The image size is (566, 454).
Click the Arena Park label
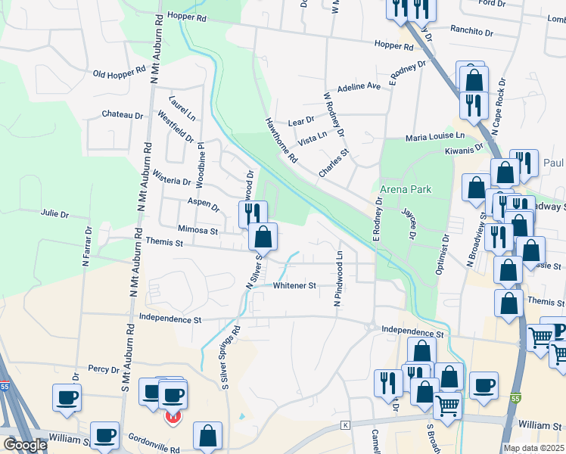pyautogui.click(x=406, y=188)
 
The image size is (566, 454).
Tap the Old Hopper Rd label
pyautogui.click(x=119, y=73)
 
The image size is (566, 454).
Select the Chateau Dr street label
pyautogui.click(x=123, y=115)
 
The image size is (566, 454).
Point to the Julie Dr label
pyautogui.click(x=54, y=214)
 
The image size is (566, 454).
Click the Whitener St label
pyautogui.click(x=294, y=286)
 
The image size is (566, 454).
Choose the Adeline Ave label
pyautogui.click(x=359, y=87)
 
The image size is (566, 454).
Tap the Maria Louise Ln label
pyautogui.click(x=434, y=136)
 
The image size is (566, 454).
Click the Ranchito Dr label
pyautogui.click(x=471, y=33)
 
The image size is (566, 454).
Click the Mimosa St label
pyautogui.click(x=197, y=230)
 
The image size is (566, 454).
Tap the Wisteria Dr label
pyautogui.click(x=172, y=182)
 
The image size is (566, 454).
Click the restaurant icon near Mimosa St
pyautogui.click(x=253, y=213)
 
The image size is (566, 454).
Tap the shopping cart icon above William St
pyautogui.click(x=446, y=406)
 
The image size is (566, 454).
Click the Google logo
pyautogui.click(x=24, y=445)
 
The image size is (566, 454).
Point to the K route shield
pyautogui.click(x=345, y=425)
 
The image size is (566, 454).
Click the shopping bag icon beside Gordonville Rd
pyautogui.click(x=207, y=435)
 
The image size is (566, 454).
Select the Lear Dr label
pyautogui.click(x=301, y=121)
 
